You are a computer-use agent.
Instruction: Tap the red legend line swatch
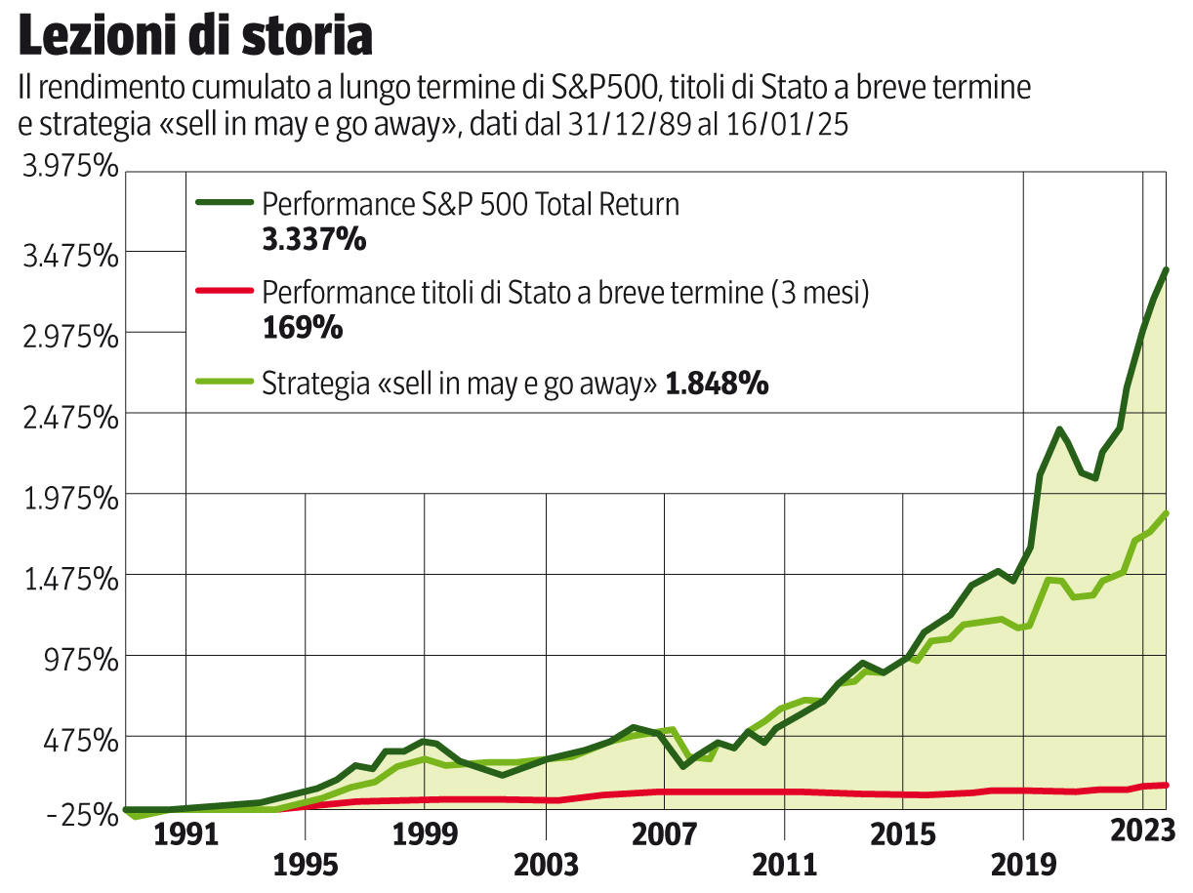[224, 291]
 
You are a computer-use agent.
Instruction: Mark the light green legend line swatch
[224, 383]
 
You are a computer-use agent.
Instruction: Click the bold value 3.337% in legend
[313, 238]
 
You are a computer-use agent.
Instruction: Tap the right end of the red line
[1167, 785]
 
